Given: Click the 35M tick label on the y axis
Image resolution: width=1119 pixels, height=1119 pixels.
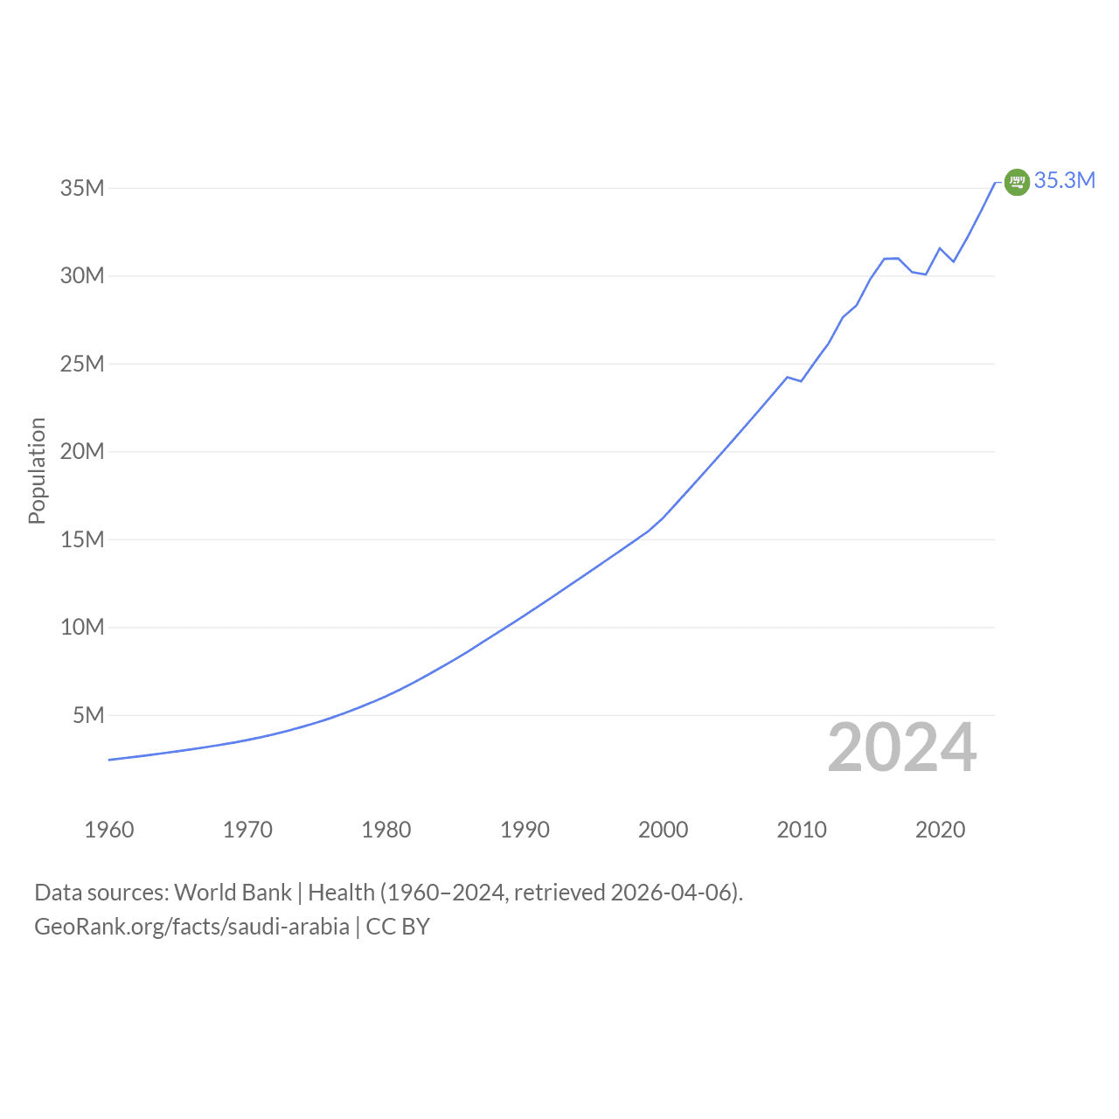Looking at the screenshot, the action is pos(82,188).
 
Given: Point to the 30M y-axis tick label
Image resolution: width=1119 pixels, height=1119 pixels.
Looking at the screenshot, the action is pos(82,276).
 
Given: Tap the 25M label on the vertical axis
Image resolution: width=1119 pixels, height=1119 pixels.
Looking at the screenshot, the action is pos(82,364).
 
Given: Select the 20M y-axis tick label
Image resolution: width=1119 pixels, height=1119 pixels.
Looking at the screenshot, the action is pos(82,451).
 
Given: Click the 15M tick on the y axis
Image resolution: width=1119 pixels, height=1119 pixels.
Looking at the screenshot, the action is pos(82,540).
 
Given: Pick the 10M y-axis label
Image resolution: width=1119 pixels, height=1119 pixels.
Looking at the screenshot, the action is pos(82,627).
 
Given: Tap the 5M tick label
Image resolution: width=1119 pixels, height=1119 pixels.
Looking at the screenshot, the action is pos(88,715).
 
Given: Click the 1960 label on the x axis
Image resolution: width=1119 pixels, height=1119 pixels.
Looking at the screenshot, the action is pos(109,830).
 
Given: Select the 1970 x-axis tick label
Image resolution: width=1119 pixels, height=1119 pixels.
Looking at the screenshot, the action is pos(248,830).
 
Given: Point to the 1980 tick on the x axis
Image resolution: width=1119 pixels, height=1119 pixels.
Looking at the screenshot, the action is pos(386,830).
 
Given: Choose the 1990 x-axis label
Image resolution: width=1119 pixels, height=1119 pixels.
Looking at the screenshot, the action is pos(525,830).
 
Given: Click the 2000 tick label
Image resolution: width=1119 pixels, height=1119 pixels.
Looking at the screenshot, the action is pos(664,830).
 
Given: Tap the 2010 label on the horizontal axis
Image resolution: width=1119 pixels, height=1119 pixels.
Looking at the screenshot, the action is pos(802,830).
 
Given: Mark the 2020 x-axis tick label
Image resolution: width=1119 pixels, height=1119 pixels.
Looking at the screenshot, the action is pos(941,830).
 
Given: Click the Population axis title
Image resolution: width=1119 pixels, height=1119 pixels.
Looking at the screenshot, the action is pos(38,471).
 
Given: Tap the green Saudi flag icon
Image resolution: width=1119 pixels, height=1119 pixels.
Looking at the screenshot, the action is pos(1017,183).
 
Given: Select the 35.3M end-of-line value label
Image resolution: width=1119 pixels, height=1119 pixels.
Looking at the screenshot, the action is pos(1065,181).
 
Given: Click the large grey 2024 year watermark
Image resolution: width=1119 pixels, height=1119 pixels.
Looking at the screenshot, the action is pos(902,747).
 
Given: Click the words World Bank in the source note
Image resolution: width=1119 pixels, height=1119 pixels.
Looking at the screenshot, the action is pos(233,893).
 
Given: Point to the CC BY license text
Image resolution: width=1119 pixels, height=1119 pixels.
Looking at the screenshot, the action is pos(398,927).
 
